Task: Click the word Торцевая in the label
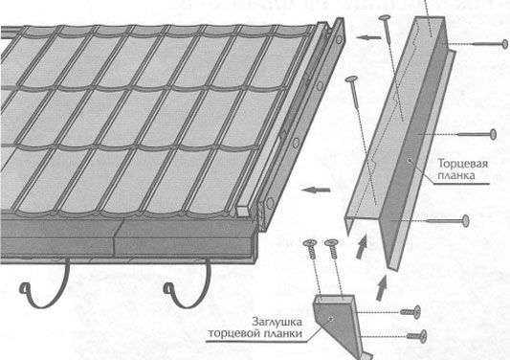tap(462, 163)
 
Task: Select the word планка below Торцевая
tap(456, 175)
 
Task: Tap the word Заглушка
tap(277, 322)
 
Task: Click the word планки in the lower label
tap(282, 333)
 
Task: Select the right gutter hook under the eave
tap(188, 286)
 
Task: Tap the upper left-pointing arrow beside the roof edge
tap(368, 37)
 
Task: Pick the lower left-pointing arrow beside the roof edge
tap(316, 190)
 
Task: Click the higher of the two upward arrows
tap(362, 247)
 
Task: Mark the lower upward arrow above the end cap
tap(381, 288)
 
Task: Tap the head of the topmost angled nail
tap(385, 17)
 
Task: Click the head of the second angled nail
tap(351, 79)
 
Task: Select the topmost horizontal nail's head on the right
tap(504, 44)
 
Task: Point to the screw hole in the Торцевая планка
tap(410, 160)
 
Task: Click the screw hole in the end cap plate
tap(331, 319)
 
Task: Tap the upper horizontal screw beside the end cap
tap(410, 312)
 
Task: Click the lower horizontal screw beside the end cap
tap(416, 336)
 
